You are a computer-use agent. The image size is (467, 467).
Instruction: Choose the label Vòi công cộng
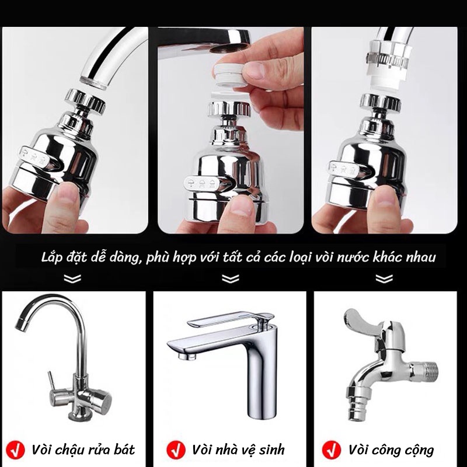[x=391, y=449]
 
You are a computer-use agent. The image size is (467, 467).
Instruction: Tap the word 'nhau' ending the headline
[x=419, y=257]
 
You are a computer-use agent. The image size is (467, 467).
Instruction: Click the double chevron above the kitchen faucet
[x=72, y=279]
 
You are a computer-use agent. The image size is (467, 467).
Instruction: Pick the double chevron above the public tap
[x=384, y=279]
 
